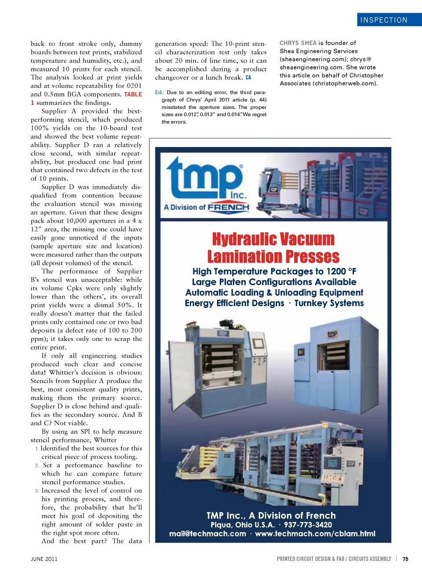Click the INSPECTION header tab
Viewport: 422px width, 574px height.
pos(384,20)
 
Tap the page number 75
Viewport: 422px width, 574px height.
pos(405,559)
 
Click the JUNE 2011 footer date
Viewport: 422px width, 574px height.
pos(44,559)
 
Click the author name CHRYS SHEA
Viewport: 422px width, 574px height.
pos(298,43)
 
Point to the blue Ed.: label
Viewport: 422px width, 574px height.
pos(159,92)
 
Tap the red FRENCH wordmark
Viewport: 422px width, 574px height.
pos(229,207)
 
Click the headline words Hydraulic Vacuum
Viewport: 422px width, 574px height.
pos(273,239)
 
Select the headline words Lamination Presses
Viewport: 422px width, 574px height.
pos(273,256)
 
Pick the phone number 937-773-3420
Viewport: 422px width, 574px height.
pos(308,525)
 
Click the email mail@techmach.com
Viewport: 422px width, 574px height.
pos(207,534)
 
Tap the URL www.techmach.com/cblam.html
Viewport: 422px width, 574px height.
pos(315,534)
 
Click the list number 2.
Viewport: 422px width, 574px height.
pos(37,465)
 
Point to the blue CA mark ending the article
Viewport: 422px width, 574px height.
pos(248,78)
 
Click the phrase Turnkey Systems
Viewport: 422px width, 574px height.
pos(329,303)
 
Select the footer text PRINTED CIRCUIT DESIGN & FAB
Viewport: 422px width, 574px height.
pos(310,559)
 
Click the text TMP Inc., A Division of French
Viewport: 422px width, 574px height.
pos(271,516)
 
